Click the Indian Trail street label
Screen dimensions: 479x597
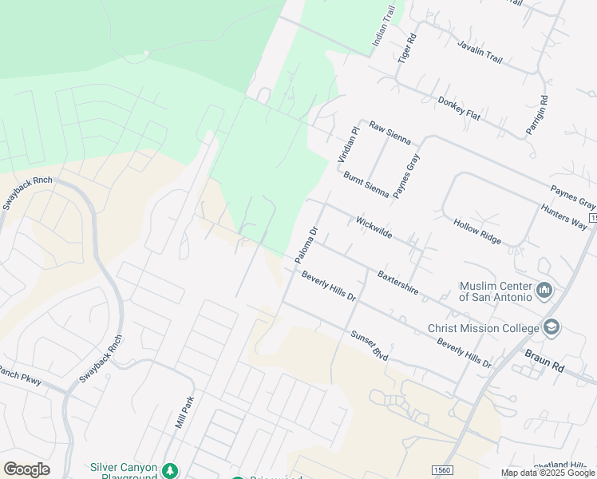384,27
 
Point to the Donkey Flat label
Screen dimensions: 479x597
459,109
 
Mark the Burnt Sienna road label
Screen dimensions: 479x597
366,184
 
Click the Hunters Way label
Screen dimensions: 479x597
563,216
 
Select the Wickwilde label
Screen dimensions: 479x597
374,228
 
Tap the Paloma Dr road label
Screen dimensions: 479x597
306,244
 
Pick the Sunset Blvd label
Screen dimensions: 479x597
369,345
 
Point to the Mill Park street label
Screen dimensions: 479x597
184,410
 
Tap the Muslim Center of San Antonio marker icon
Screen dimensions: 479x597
546,289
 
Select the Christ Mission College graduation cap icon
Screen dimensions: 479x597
551,327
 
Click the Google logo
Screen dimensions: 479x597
26,469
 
